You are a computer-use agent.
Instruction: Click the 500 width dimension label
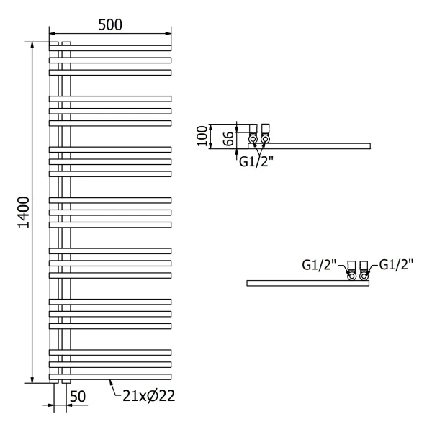[110, 24]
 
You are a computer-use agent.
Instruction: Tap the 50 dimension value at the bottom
[78, 395]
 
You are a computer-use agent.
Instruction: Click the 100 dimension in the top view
[202, 135]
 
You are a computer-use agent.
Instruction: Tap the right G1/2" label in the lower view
[397, 264]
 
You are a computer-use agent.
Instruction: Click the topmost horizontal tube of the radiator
[110, 47]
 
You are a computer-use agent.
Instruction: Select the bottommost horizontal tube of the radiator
[110, 377]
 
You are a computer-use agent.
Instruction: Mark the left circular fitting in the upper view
[253, 137]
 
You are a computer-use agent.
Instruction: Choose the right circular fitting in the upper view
[266, 137]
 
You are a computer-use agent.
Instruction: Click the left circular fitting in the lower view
[352, 274]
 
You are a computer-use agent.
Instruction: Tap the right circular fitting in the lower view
[365, 274]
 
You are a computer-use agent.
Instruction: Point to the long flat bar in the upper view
[317, 146]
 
